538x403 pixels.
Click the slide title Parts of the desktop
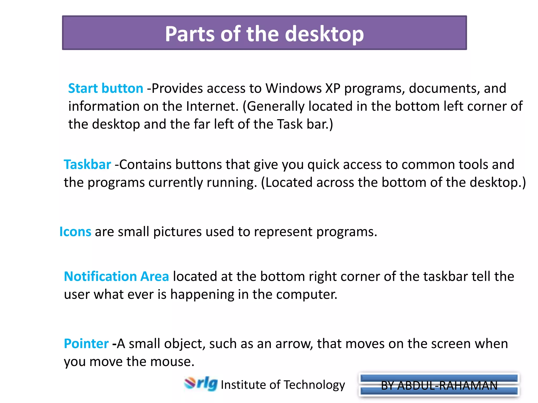click(x=264, y=34)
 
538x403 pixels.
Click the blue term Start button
click(x=106, y=88)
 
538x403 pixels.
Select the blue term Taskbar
click(x=87, y=165)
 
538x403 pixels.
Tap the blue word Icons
click(x=75, y=232)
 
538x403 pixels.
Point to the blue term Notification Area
click(x=116, y=276)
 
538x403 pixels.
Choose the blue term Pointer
click(x=86, y=343)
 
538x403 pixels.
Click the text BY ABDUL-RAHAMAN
click(x=439, y=385)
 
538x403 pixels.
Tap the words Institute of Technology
click(x=283, y=385)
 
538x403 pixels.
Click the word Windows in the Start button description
click(x=293, y=88)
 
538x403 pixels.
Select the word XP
click(x=333, y=88)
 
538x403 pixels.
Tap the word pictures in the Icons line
click(x=177, y=232)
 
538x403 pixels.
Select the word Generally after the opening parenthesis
click(x=276, y=106)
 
